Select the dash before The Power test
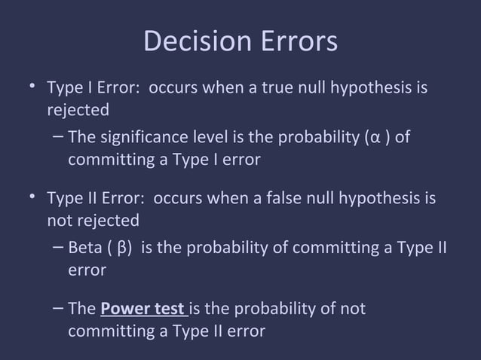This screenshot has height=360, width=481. [x=59, y=309]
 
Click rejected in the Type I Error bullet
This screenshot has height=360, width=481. [x=78, y=110]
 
